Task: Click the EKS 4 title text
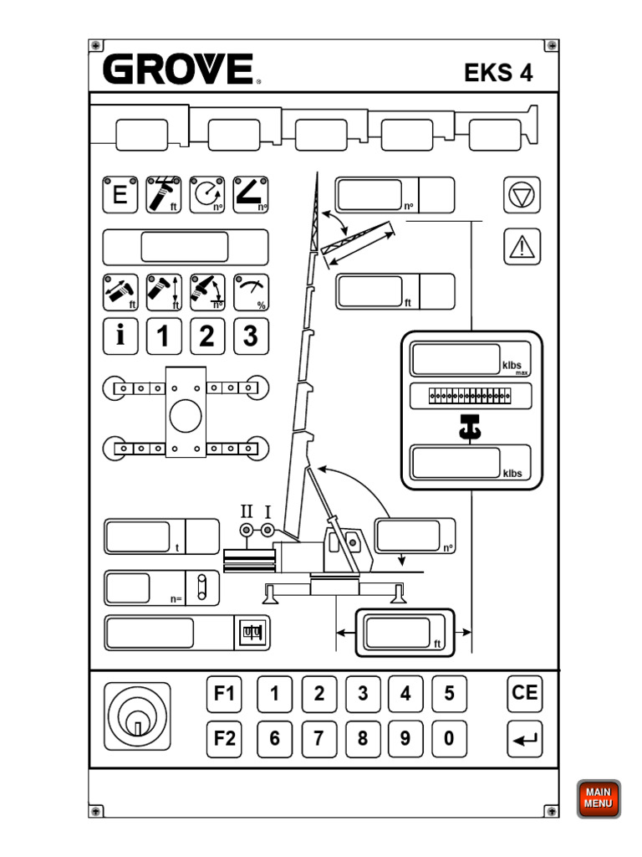pos(498,73)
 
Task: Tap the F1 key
pos(225,694)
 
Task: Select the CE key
pos(525,693)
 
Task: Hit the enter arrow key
pos(525,739)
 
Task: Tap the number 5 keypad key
pos(449,694)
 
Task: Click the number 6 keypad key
pos(275,739)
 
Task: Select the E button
pos(120,195)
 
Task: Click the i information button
pos(120,336)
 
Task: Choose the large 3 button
pos(250,336)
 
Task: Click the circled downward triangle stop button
pos(522,196)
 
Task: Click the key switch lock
pos(138,716)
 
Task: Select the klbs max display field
pos(456,358)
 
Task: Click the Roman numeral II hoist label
pos(247,511)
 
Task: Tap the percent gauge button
pos(250,291)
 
